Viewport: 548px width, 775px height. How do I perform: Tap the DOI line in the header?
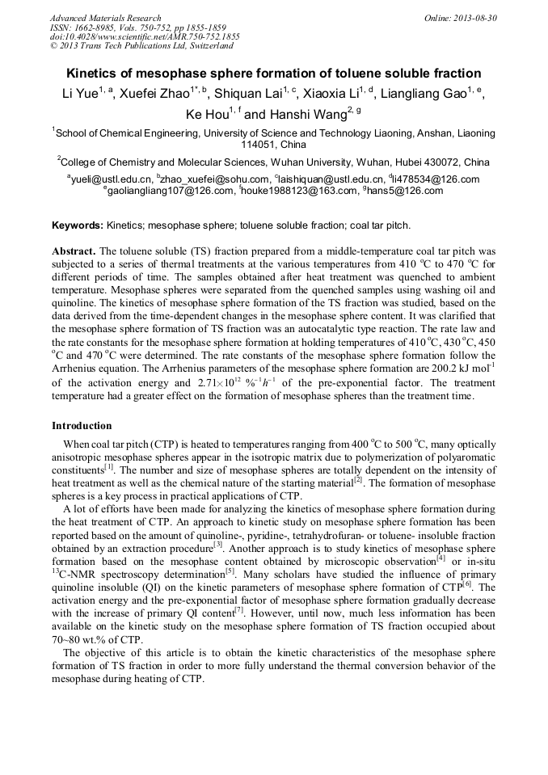145,37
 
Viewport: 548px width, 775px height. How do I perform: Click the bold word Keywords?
77,225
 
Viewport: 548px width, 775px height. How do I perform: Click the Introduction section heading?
82,425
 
